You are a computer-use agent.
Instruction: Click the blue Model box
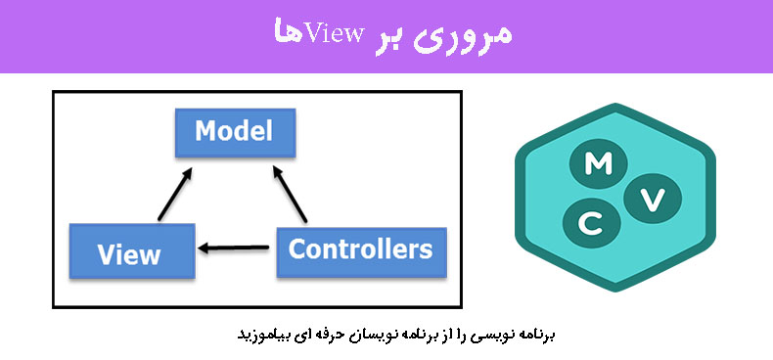233,132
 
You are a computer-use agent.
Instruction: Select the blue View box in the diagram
129,252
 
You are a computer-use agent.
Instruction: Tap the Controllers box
361,250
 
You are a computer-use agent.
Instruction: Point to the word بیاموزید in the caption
265,335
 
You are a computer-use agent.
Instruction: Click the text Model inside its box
233,131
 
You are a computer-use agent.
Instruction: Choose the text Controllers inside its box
361,249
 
